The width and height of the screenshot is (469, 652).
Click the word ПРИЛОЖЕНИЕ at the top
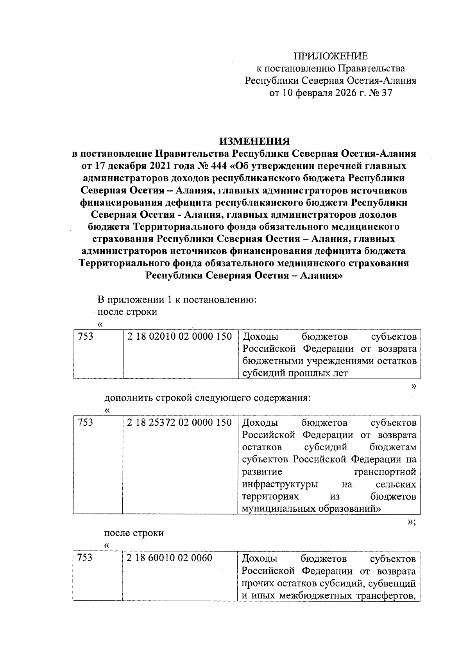click(331, 56)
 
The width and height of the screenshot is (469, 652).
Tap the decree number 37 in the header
click(386, 93)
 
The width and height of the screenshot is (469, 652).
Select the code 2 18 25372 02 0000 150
click(179, 423)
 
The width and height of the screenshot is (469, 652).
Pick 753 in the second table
click(86, 423)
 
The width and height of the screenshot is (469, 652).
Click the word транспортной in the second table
click(385, 472)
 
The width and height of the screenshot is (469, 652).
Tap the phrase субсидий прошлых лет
click(295, 373)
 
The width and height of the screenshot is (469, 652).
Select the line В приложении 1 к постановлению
click(177, 300)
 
